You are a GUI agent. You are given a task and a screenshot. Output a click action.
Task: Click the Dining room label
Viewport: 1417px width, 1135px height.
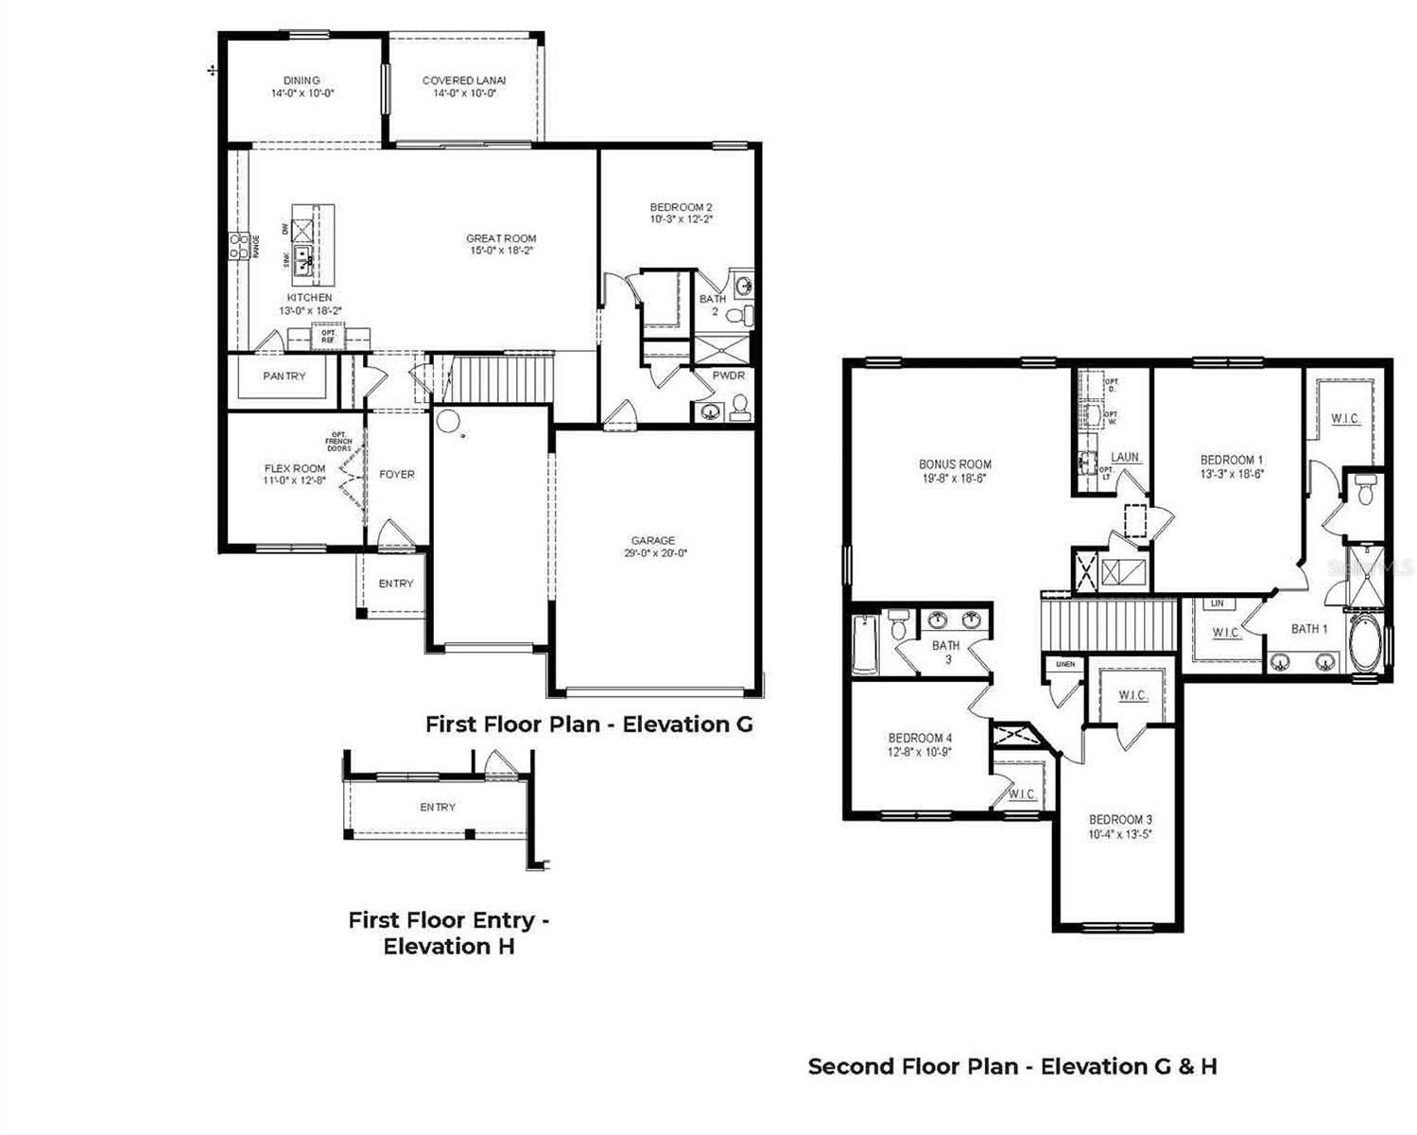coord(302,80)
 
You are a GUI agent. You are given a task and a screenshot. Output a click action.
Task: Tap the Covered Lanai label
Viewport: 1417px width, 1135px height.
coord(463,80)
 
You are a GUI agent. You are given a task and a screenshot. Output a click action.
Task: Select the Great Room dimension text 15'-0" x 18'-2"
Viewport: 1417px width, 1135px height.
coord(501,251)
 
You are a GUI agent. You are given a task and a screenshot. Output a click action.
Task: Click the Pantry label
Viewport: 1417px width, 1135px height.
coord(285,376)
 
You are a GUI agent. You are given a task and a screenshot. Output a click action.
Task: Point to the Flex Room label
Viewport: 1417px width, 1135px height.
coord(295,468)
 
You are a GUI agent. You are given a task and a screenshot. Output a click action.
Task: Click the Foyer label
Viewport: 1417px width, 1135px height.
coord(397,475)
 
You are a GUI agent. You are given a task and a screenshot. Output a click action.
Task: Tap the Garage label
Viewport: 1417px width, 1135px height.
coord(653,541)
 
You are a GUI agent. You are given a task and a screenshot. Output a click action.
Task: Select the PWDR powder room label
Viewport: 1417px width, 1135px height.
coord(729,375)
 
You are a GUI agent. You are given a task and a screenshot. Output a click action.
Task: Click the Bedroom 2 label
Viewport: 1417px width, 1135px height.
coord(681,207)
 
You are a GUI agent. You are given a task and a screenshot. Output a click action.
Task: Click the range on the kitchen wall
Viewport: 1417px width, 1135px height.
coord(237,246)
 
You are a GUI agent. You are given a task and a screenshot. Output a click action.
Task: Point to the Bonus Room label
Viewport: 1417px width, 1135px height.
coord(955,464)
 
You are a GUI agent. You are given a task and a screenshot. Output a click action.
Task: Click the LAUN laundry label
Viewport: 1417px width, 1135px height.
coord(1125,458)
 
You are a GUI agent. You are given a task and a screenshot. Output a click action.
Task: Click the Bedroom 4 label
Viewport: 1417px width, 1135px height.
coord(920,738)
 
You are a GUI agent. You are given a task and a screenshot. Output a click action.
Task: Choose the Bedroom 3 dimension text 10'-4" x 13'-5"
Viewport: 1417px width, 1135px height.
coord(1120,834)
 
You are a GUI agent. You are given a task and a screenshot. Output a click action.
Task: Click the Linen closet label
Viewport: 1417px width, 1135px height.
coord(1065,664)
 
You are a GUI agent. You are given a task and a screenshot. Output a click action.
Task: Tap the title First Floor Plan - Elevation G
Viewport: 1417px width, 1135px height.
coord(589,725)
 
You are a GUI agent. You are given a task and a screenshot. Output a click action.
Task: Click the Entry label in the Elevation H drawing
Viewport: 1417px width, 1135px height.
coord(438,807)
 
